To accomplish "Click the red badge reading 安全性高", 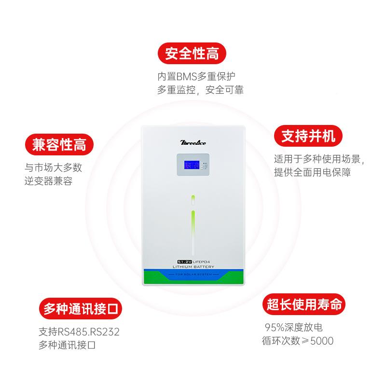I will coord(192,54).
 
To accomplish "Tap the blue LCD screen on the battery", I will coord(189,166).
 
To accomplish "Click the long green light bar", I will coord(193,232).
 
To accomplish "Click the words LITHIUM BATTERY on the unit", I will coord(193,266).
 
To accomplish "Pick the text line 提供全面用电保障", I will coord(312,173).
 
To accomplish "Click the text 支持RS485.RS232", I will coord(79,332).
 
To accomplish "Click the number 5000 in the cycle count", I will coord(321,341).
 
